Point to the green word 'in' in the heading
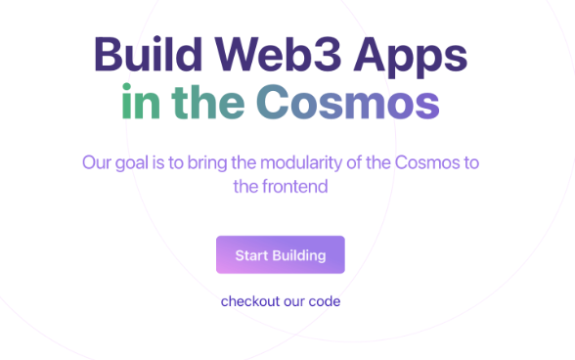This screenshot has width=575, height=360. coord(142,103)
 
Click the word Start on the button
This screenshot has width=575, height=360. coord(251,255)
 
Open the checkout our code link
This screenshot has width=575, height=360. coord(281,301)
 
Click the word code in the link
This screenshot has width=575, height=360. coord(325,301)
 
